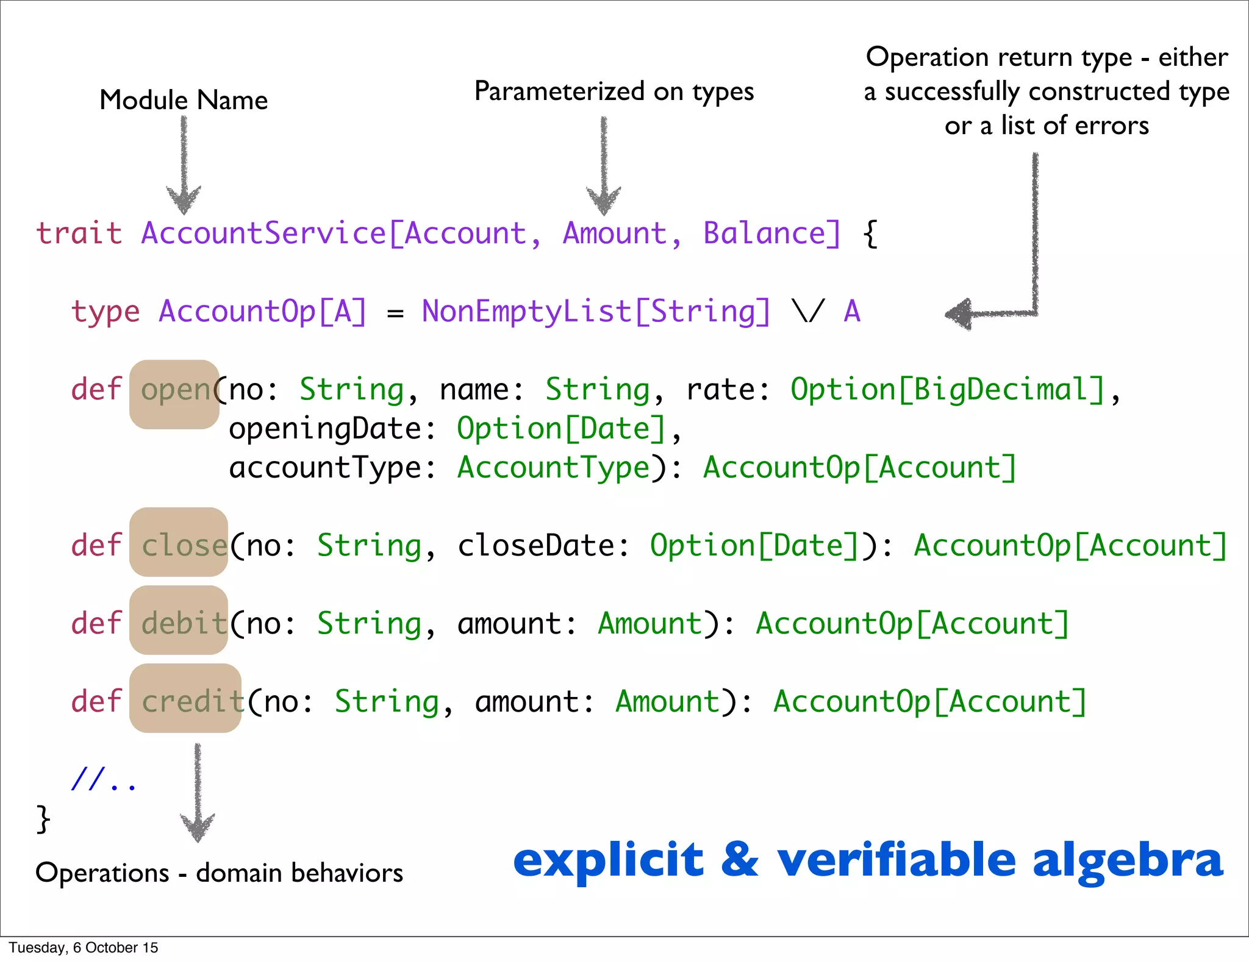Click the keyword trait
coord(79,233)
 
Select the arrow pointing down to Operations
coord(197,793)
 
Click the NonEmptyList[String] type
coord(596,312)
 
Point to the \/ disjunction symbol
coord(808,312)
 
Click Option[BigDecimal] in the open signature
coord(948,390)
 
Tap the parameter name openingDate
coord(324,429)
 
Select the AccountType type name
coord(554,468)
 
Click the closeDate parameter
coord(535,545)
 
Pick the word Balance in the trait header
coord(765,233)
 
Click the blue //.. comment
coord(103,779)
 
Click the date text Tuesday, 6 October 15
coord(84,948)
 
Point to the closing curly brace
coord(43,818)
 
